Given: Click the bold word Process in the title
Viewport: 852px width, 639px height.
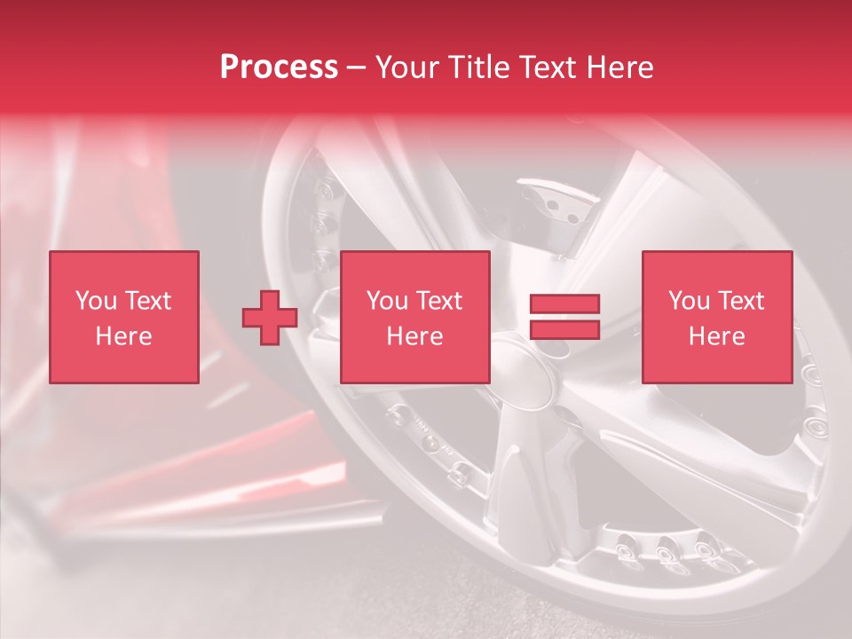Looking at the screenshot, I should pyautogui.click(x=279, y=67).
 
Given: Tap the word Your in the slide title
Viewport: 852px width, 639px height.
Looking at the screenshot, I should pyautogui.click(x=409, y=67).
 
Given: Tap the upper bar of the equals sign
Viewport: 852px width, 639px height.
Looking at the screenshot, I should pyautogui.click(x=564, y=304).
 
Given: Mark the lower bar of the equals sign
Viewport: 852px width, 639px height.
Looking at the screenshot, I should pyautogui.click(x=564, y=330).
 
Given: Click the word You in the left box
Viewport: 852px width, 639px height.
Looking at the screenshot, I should pyautogui.click(x=96, y=301).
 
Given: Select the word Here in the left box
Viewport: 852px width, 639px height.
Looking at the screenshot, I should pyautogui.click(x=123, y=336).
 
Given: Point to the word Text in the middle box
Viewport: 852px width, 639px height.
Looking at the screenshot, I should pyautogui.click(x=439, y=301).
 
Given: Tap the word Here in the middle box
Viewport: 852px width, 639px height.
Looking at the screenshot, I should pyautogui.click(x=414, y=336).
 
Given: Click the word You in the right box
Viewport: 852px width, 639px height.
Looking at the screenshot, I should pyautogui.click(x=690, y=301).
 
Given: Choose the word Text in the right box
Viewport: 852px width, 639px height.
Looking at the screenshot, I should pyautogui.click(x=741, y=301).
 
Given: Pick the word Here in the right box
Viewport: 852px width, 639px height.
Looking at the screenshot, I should pyautogui.click(x=716, y=336).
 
